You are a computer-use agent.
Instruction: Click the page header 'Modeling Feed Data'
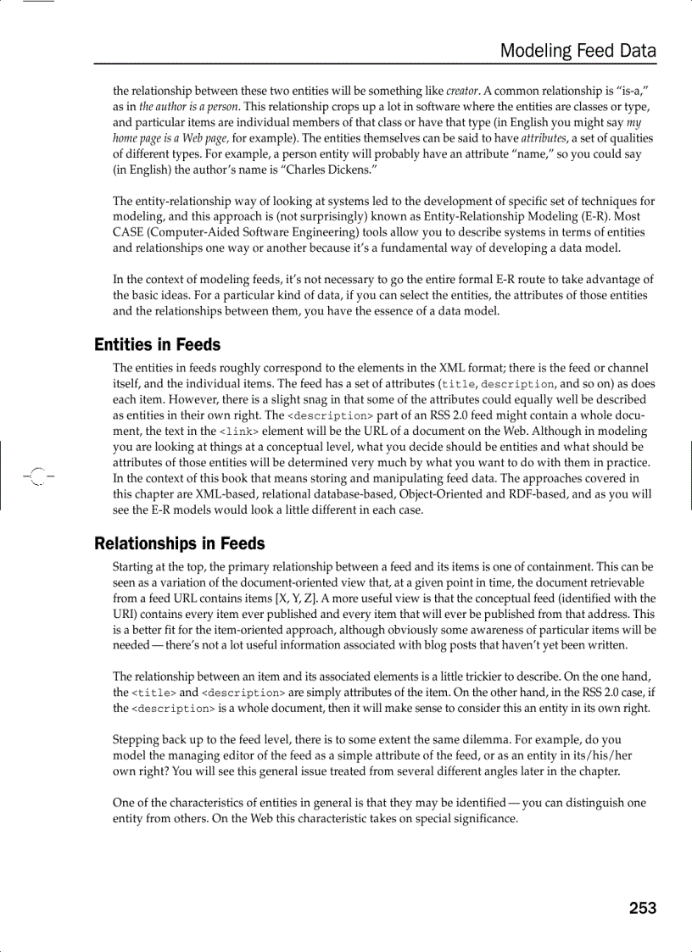pyautogui.click(x=578, y=51)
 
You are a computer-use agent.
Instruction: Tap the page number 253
pyautogui.click(x=642, y=908)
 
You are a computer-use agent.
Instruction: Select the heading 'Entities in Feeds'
pyautogui.click(x=157, y=345)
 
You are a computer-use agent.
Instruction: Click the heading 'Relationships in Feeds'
pyautogui.click(x=179, y=543)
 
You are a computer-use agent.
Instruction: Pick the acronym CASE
pyautogui.click(x=129, y=232)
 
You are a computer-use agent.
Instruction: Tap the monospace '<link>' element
pyautogui.click(x=239, y=432)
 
